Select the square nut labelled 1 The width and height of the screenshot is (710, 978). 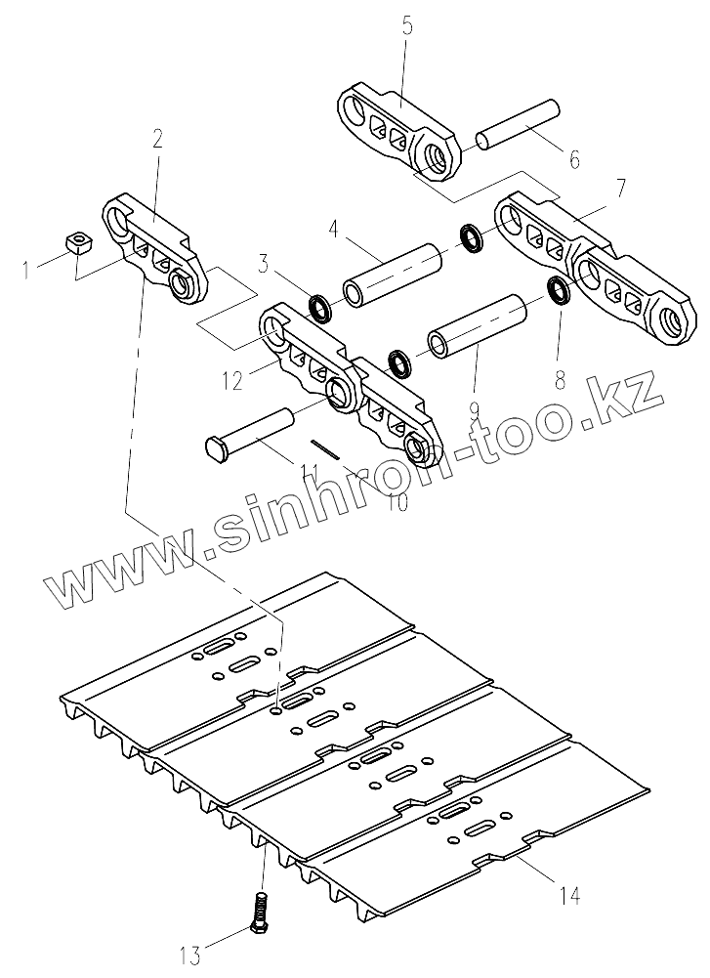tap(73, 240)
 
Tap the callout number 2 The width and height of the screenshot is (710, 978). tap(157, 139)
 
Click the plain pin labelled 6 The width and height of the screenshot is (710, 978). tap(517, 124)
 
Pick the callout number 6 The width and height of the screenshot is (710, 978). tap(573, 156)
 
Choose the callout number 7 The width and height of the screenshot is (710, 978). tap(622, 186)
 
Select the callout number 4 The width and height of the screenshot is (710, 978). tap(334, 233)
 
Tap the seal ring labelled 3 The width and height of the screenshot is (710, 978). tap(320, 309)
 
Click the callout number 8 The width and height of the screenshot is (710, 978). tap(560, 381)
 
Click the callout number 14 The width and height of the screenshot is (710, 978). tap(570, 895)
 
